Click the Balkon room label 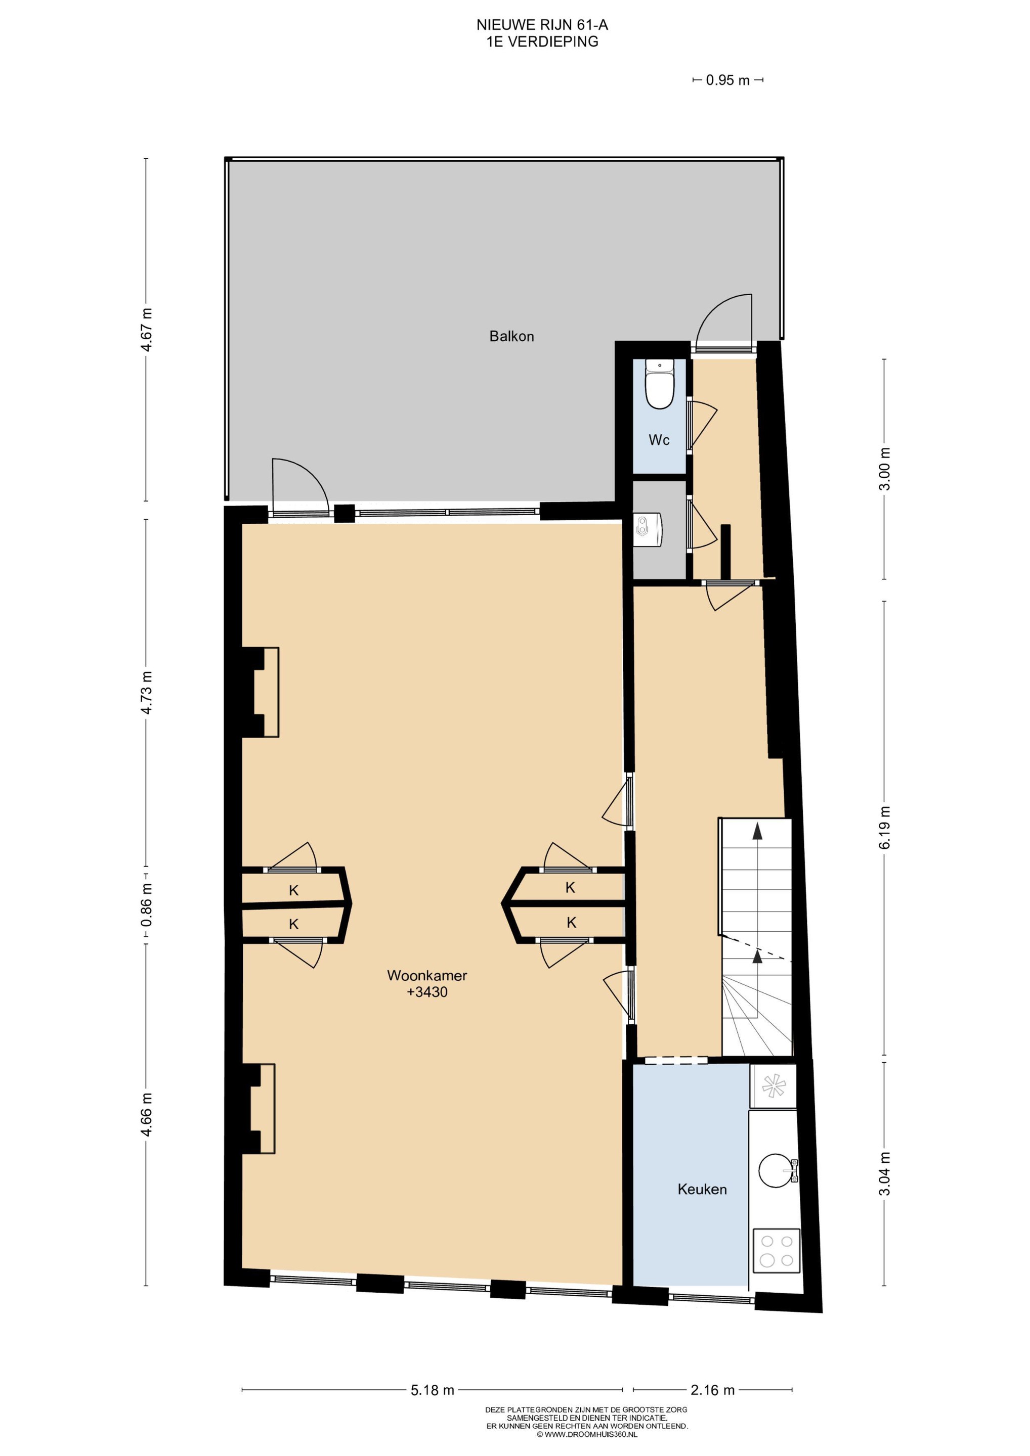(511, 336)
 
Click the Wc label (659, 439)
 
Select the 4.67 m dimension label (147, 329)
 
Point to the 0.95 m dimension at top (727, 80)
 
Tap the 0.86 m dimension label (147, 905)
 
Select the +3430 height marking (427, 992)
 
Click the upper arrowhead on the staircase (757, 831)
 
